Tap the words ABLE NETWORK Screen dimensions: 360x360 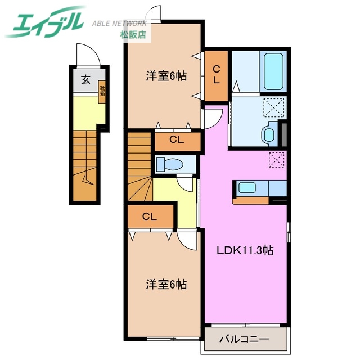(x=119, y=24)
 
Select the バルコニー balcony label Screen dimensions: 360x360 (x=244, y=339)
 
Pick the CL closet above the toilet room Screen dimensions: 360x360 (x=177, y=140)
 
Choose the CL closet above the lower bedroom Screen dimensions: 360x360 (x=149, y=216)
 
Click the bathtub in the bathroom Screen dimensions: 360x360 (x=273, y=71)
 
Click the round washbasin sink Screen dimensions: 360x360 (x=268, y=134)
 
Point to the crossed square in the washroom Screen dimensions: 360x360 (x=274, y=107)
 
